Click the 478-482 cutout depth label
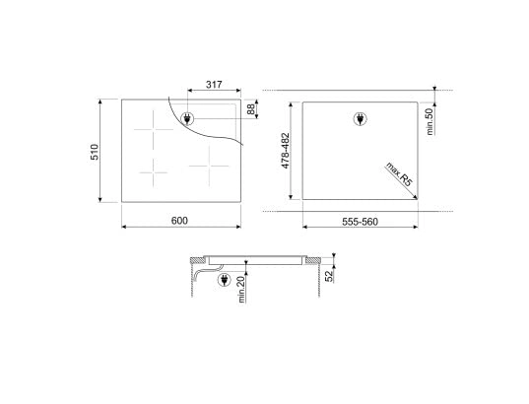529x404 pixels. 286,154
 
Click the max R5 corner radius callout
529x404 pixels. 398,175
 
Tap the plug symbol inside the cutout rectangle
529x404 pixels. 359,120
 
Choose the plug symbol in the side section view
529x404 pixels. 224,280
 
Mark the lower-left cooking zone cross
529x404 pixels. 154,175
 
